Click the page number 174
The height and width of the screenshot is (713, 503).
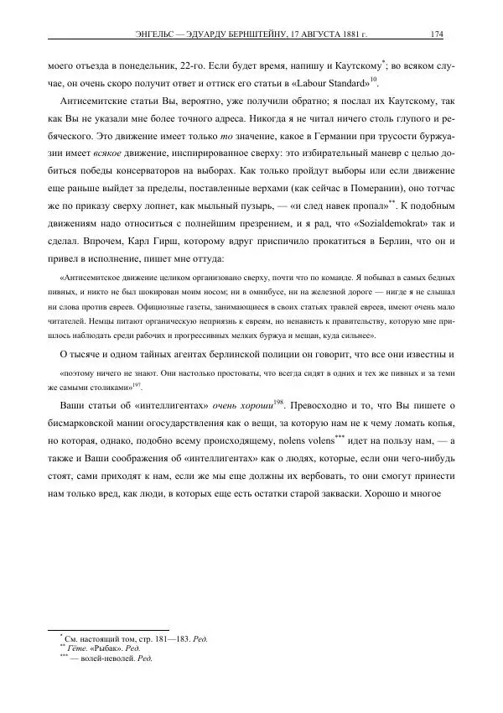[436, 35]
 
